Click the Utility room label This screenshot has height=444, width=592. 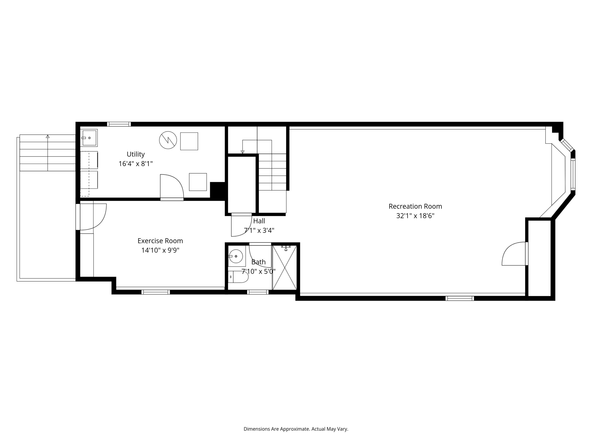tap(136, 154)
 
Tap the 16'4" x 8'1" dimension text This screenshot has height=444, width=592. tap(136, 163)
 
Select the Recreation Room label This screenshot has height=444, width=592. tap(415, 206)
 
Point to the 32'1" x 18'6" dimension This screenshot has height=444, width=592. tap(415, 216)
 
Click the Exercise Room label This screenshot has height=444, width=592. tap(160, 241)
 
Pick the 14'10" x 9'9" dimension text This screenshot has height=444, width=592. tap(160, 250)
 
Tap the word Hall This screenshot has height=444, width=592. tap(259, 221)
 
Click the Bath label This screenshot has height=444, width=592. tap(259, 262)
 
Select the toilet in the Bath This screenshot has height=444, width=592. tap(238, 277)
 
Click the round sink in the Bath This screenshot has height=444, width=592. tap(236, 256)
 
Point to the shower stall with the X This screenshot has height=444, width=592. tap(284, 267)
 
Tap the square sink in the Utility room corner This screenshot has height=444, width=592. tap(89, 138)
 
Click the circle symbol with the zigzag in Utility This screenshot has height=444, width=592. tap(168, 140)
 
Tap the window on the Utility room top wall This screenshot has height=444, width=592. tap(119, 124)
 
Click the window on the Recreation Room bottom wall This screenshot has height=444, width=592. tap(459, 298)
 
